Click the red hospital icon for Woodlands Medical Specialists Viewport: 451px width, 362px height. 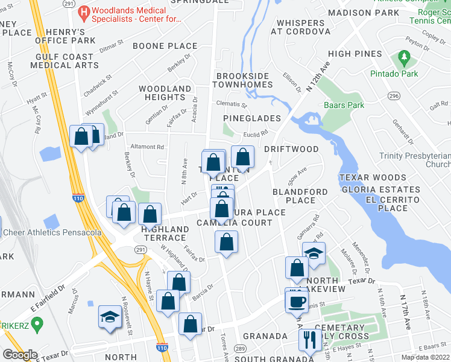click(x=84, y=11)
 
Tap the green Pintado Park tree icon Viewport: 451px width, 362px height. click(x=403, y=59)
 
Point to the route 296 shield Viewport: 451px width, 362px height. click(x=394, y=96)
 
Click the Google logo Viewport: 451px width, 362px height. click(x=20, y=354)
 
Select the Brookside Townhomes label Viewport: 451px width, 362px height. click(x=245, y=80)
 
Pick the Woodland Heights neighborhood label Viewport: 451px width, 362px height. click(x=165, y=93)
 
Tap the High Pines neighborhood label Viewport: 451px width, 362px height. click(x=355, y=54)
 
